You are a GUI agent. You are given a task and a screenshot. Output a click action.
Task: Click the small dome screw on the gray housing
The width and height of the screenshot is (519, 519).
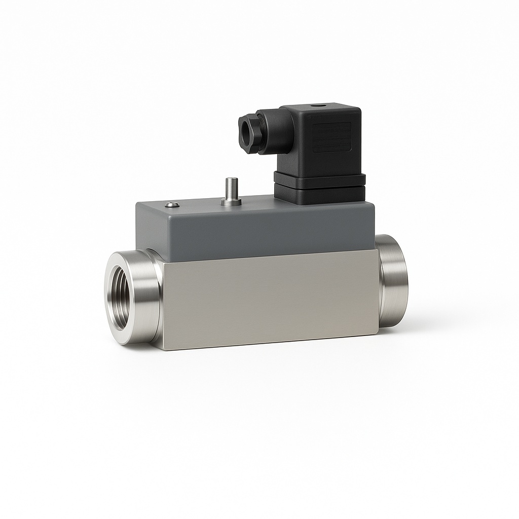coord(172,205)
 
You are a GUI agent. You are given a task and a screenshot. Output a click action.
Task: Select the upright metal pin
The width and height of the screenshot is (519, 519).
coord(231,189)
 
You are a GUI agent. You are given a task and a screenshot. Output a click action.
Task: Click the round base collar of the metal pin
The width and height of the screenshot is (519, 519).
coord(231,203)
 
